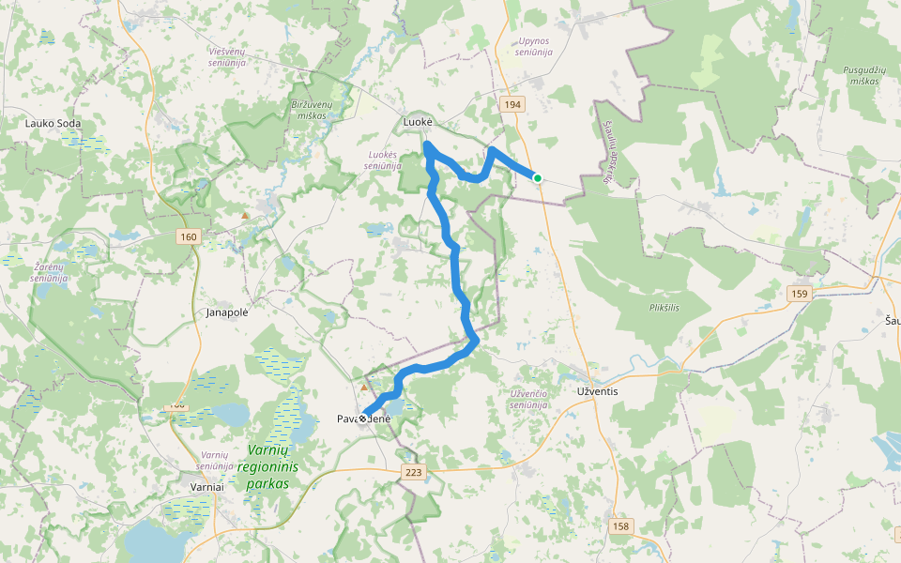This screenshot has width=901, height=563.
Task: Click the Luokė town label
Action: click(x=418, y=123)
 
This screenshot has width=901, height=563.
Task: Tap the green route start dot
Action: click(x=538, y=177)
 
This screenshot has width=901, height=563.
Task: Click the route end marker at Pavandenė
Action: click(x=363, y=418)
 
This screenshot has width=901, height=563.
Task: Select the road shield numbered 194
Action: click(x=512, y=104)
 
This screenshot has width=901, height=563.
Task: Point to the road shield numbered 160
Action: click(x=187, y=236)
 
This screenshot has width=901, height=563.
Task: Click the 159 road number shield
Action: click(x=799, y=294)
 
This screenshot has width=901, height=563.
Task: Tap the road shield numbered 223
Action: click(x=414, y=472)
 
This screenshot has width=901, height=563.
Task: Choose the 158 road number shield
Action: click(x=620, y=526)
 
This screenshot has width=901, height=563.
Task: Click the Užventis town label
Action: click(x=597, y=391)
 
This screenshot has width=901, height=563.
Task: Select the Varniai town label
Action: click(x=206, y=488)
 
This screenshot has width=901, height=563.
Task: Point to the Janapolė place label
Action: click(x=226, y=312)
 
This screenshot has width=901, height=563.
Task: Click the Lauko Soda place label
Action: click(x=53, y=123)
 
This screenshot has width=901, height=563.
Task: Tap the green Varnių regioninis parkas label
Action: click(x=267, y=466)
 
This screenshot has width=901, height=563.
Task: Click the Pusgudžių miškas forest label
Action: click(x=861, y=75)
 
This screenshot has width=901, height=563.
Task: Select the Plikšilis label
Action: click(x=664, y=308)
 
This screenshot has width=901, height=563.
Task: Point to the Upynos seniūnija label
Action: click(x=534, y=47)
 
